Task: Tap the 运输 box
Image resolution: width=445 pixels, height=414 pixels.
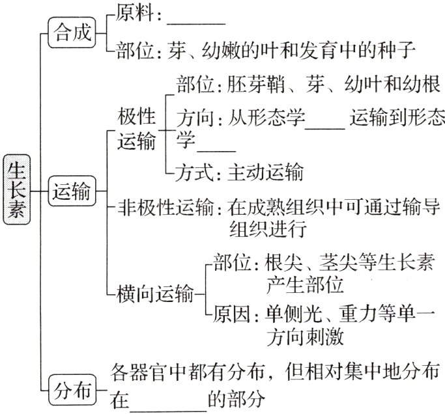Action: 72,191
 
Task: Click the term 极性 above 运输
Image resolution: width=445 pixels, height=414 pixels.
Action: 137,118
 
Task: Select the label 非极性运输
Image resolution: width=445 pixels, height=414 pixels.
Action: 165,209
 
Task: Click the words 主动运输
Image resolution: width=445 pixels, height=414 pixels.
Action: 265,173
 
